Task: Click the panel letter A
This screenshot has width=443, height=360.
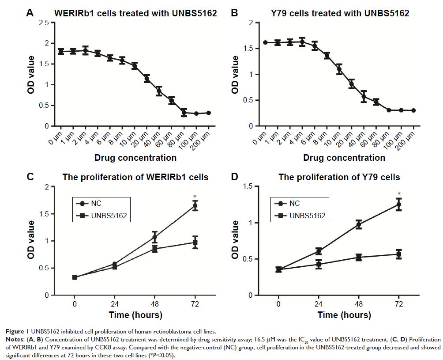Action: [x=30, y=13]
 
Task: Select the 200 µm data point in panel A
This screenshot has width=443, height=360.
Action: [x=209, y=113]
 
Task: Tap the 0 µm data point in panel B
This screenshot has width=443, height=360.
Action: [x=265, y=42]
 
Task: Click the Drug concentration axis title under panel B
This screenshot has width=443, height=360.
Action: [x=339, y=158]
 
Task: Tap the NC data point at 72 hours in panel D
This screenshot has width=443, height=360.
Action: [x=398, y=205]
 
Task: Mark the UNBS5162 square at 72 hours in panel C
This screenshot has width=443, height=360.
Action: [x=195, y=242]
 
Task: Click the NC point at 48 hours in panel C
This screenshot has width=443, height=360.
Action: [x=154, y=238]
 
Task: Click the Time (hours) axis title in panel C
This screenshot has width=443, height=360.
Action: [x=135, y=315]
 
